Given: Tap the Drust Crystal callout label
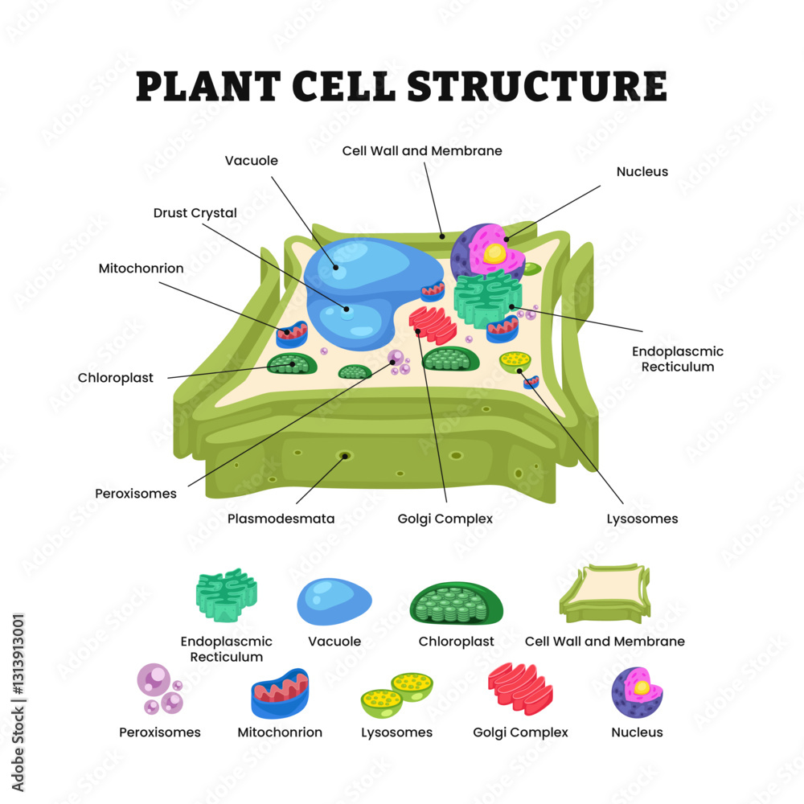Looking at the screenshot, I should click(x=195, y=213).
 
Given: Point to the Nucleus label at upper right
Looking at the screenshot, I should click(x=642, y=171).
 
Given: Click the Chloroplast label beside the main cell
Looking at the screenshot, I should click(x=115, y=377).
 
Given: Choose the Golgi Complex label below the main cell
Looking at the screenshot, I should click(x=445, y=519).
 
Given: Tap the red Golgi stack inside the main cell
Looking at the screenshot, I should click(x=433, y=323).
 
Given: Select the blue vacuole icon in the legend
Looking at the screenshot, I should click(x=334, y=601).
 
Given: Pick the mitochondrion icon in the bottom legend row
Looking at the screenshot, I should click(x=280, y=693).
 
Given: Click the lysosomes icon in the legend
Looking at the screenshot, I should click(x=396, y=695).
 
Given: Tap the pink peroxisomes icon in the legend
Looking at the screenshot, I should click(x=158, y=689).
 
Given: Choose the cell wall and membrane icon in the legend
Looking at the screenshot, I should click(x=605, y=593).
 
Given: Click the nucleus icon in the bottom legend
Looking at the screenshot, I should click(x=637, y=691).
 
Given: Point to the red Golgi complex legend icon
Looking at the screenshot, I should click(x=520, y=688).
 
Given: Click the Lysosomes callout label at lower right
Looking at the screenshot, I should click(x=642, y=519).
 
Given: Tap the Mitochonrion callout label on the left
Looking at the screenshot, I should click(x=141, y=268).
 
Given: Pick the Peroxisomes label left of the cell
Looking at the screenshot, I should click(x=135, y=493).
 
